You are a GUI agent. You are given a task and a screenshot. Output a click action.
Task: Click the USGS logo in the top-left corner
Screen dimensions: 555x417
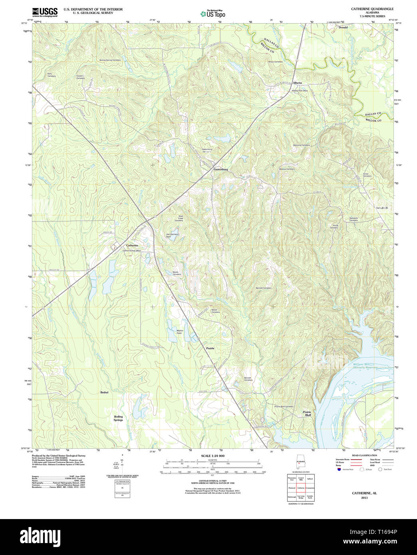(x=45, y=12)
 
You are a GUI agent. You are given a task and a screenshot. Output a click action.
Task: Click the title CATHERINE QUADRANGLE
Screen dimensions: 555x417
(x=367, y=9)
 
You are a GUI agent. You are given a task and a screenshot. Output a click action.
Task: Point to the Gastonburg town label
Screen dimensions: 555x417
(x=220, y=169)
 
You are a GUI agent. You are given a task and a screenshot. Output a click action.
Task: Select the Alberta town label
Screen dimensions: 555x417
(x=297, y=83)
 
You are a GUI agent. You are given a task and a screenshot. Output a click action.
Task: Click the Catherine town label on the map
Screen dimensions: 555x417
(x=132, y=245)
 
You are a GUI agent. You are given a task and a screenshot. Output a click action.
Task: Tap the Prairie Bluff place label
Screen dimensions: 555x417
(x=307, y=413)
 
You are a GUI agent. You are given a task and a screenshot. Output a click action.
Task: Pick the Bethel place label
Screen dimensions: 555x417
(x=104, y=392)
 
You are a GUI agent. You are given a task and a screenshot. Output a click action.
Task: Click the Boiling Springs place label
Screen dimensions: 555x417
(x=118, y=418)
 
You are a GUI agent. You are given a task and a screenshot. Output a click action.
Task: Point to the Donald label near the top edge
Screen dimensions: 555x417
(x=343, y=28)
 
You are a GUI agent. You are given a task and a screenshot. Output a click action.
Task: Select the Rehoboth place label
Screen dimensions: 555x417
(x=381, y=208)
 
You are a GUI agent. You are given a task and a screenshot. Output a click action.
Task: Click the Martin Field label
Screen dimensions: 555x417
(x=180, y=331)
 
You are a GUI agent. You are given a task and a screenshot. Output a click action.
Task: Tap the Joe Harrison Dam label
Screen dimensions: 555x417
(x=173, y=236)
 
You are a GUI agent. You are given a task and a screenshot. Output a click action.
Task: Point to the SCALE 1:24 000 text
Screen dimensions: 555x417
(x=212, y=456)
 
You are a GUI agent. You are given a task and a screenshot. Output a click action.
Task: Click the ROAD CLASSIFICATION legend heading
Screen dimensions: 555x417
(x=364, y=456)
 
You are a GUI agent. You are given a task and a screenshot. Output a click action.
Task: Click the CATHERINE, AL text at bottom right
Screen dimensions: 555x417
(x=364, y=493)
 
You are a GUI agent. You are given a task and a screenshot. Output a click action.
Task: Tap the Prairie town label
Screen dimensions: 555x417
(x=210, y=348)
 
